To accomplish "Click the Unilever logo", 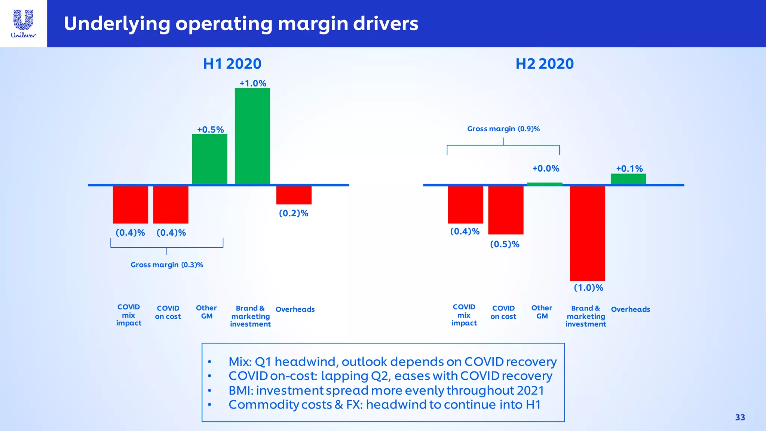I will click(x=24, y=24).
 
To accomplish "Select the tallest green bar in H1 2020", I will click(x=252, y=136).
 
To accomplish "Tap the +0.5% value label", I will click(x=211, y=130).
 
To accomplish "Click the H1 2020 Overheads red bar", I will click(x=294, y=195).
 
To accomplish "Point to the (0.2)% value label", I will click(x=294, y=213).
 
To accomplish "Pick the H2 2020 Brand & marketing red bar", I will click(x=587, y=233).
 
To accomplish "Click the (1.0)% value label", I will click(x=589, y=288).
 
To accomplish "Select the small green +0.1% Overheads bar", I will click(x=628, y=179).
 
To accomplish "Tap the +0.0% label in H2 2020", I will click(x=546, y=169).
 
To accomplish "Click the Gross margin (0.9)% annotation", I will click(x=503, y=129).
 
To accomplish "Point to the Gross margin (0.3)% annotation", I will click(x=167, y=265).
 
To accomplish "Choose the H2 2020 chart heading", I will click(x=545, y=64).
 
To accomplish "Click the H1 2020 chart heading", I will click(x=232, y=64).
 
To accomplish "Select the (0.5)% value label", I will click(x=505, y=244).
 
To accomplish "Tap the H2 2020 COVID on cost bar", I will click(x=506, y=210).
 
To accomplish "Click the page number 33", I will click(x=740, y=418).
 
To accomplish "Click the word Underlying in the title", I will click(x=117, y=24).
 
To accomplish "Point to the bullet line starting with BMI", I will click(x=386, y=391).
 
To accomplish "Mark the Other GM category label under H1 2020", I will click(x=206, y=312).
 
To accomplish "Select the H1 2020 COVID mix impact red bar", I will click(x=131, y=204).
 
